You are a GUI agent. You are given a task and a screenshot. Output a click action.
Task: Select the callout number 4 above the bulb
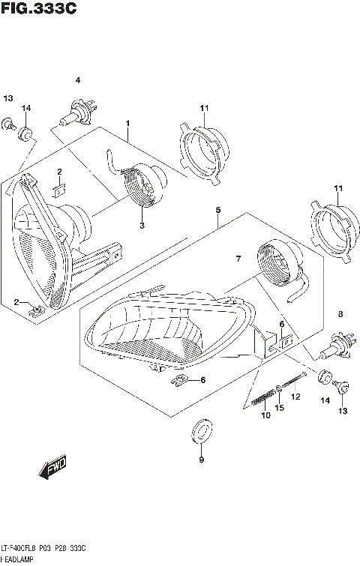point(77,80)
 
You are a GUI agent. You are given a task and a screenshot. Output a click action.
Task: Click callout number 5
point(217,211)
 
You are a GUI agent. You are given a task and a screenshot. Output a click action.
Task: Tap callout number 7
point(237,259)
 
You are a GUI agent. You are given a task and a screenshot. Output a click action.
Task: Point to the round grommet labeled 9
point(201,430)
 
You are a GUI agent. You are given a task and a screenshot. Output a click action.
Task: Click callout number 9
point(201,460)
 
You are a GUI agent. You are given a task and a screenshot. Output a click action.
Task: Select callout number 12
point(295,396)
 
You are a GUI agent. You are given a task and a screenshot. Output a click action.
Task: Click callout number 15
point(280,408)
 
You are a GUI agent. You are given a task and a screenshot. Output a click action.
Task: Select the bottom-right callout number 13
point(343,411)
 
